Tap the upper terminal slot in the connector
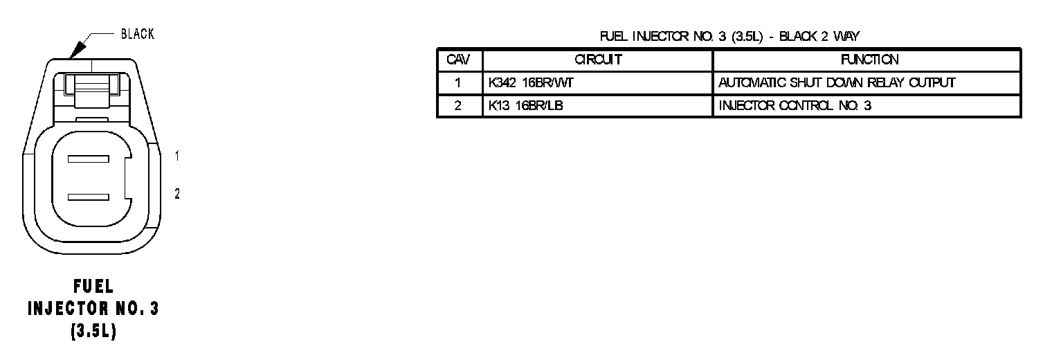point(88,159)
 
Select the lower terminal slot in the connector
point(88,197)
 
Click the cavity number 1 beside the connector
point(177,156)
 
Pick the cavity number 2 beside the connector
point(177,195)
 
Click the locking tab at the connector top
point(91,87)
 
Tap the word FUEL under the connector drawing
point(93,287)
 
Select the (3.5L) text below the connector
point(93,331)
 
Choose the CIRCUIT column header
point(597,60)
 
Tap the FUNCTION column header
point(866,60)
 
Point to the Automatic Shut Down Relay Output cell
point(837,83)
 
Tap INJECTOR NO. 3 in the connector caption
point(93,309)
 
